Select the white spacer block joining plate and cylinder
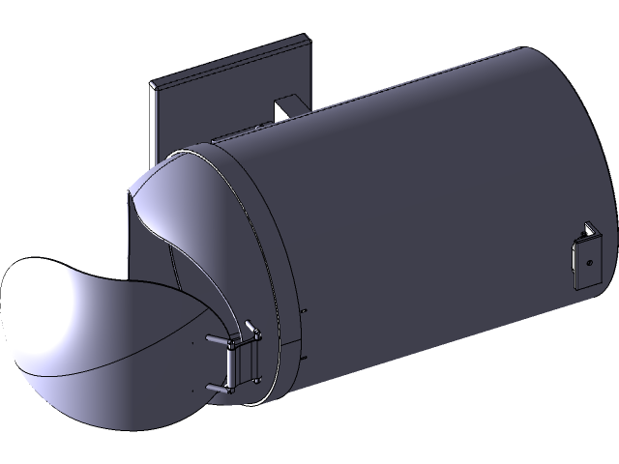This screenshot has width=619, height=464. (x=288, y=107)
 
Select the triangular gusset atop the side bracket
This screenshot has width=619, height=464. (x=589, y=230)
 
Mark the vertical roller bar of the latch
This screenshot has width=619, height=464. (x=232, y=367)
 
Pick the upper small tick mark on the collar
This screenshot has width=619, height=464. (x=304, y=311)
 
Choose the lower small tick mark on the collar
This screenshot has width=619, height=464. (x=304, y=356)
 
